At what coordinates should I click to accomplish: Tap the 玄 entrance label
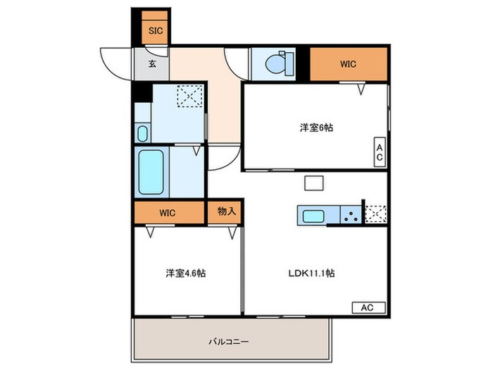[x=153, y=63]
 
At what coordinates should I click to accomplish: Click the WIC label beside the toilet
[x=349, y=64]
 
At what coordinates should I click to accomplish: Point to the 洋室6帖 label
[x=316, y=128]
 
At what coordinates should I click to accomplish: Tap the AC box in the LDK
[x=369, y=307]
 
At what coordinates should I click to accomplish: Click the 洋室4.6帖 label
[x=186, y=273]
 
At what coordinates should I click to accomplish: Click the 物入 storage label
[x=225, y=211]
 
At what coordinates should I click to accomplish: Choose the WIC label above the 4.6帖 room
[x=168, y=211]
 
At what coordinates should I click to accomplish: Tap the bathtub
[x=151, y=173]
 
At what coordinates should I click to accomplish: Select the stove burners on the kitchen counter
[x=350, y=214]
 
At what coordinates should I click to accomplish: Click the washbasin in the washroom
[x=143, y=132]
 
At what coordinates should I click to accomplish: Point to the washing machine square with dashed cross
[x=188, y=97]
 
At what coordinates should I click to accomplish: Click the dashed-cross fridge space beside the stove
[x=376, y=214]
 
